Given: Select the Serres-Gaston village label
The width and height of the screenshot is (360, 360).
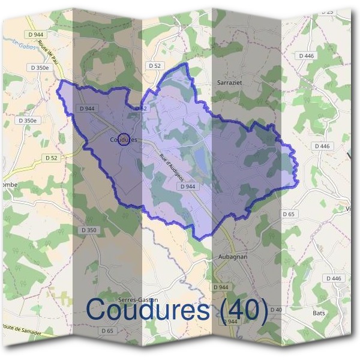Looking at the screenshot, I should pyautogui.click(x=138, y=299).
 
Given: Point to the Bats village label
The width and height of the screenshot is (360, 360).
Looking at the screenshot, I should pyautogui.click(x=319, y=313).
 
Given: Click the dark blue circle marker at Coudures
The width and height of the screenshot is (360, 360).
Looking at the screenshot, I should pyautogui.click(x=122, y=139).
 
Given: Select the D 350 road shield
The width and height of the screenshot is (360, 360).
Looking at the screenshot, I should pyautogui.click(x=88, y=230).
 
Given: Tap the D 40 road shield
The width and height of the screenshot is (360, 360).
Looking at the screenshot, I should pyautogui.click(x=276, y=310).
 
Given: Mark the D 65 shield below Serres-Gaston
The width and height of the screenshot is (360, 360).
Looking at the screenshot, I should pyautogui.click(x=107, y=331).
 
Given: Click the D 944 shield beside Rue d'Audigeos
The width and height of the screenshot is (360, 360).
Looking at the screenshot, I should pyautogui.click(x=187, y=187).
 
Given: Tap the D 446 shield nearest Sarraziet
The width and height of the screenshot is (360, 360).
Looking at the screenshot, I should pyautogui.click(x=306, y=55).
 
